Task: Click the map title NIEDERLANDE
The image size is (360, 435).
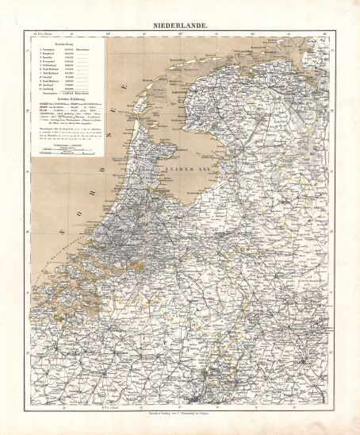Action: click(x=180, y=25)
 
